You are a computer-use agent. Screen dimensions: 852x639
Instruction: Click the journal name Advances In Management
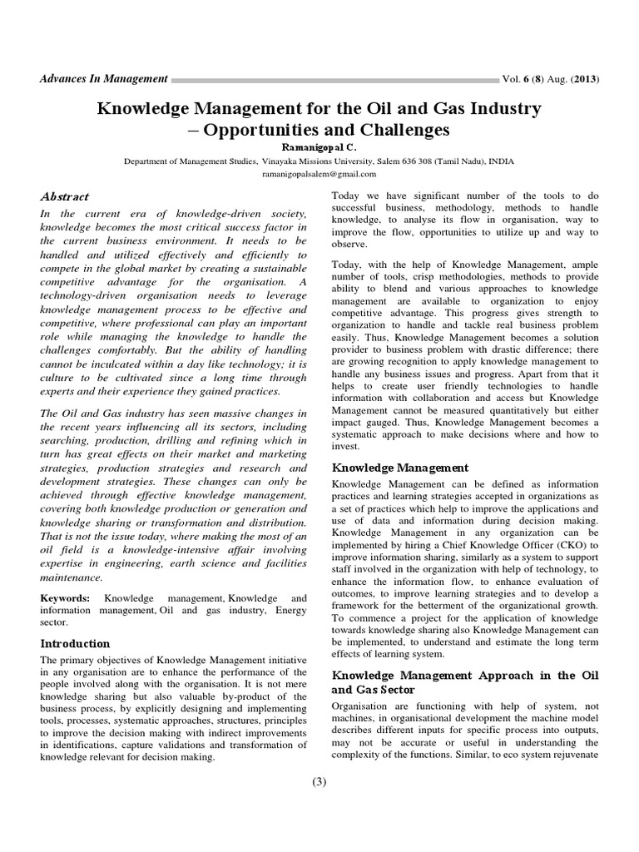104,79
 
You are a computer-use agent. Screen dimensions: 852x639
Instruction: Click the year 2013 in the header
584,80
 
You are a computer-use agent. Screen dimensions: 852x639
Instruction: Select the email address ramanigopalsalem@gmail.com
319,175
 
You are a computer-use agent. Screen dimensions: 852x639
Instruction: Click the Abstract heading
65,197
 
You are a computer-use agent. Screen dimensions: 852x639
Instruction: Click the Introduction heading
75,643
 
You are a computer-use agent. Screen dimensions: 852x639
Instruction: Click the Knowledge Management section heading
400,468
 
